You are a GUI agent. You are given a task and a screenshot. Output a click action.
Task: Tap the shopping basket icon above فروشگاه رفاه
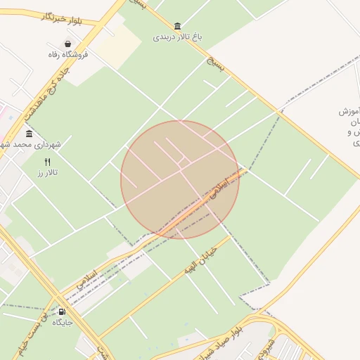(x=67, y=44)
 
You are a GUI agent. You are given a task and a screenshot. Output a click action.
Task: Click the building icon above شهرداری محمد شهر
(x=29, y=134)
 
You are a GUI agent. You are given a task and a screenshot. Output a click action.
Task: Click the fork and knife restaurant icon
(x=47, y=162)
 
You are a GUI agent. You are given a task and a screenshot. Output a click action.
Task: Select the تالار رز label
(x=48, y=172)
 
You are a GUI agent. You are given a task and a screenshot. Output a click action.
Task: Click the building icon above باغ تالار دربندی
(x=176, y=26)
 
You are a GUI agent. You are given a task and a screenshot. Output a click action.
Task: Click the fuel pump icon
(x=63, y=311)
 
